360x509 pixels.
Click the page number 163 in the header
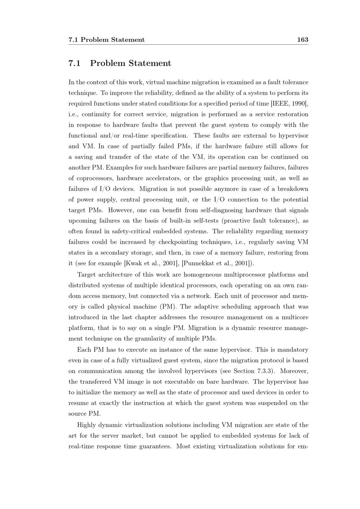pyautogui.click(x=302, y=40)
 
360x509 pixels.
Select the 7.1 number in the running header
pyautogui.click(x=73, y=40)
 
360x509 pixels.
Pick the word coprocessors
pyautogui.click(x=95, y=178)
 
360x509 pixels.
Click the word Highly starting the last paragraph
pyautogui.click(x=86, y=425)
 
